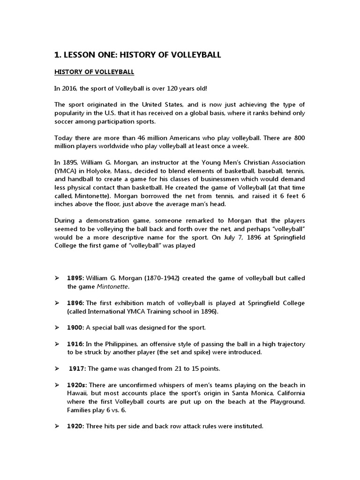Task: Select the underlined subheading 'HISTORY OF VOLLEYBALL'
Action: pyautogui.click(x=94, y=72)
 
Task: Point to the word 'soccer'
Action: pyautogui.click(x=66, y=121)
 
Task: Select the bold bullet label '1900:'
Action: pyautogui.click(x=76, y=327)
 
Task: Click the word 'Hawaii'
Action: pyautogui.click(x=77, y=393)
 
